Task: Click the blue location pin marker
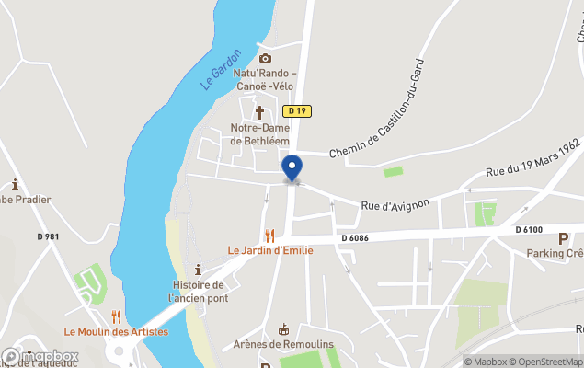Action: [x=292, y=168]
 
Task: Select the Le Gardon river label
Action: [x=221, y=69]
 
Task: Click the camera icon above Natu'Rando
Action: [x=265, y=58]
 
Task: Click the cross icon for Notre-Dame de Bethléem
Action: [x=259, y=112]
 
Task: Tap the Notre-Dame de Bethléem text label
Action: [x=259, y=134]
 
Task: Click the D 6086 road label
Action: [x=355, y=237]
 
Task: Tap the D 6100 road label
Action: [x=529, y=229]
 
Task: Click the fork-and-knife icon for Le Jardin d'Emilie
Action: [x=269, y=236]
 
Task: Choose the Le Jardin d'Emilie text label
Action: [x=264, y=250]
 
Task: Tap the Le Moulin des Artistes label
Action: [x=116, y=331]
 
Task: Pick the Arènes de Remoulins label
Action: [x=282, y=344]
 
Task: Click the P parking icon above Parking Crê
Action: [x=563, y=238]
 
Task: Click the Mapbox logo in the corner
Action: [x=40, y=356]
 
